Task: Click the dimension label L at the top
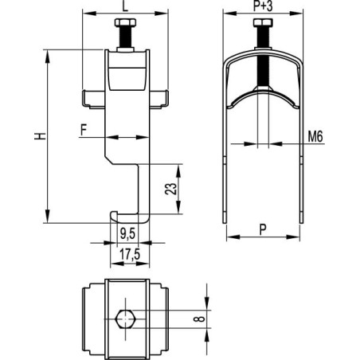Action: pos(125,6)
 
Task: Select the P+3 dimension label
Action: pos(263,6)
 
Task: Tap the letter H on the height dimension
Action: pos(40,136)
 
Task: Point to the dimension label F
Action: pos(84,130)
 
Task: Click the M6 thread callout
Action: pos(315,136)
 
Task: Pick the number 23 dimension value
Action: pos(170,189)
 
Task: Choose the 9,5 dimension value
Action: pos(127,233)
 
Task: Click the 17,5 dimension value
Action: pos(130,255)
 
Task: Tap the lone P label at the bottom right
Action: pos(263,229)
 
